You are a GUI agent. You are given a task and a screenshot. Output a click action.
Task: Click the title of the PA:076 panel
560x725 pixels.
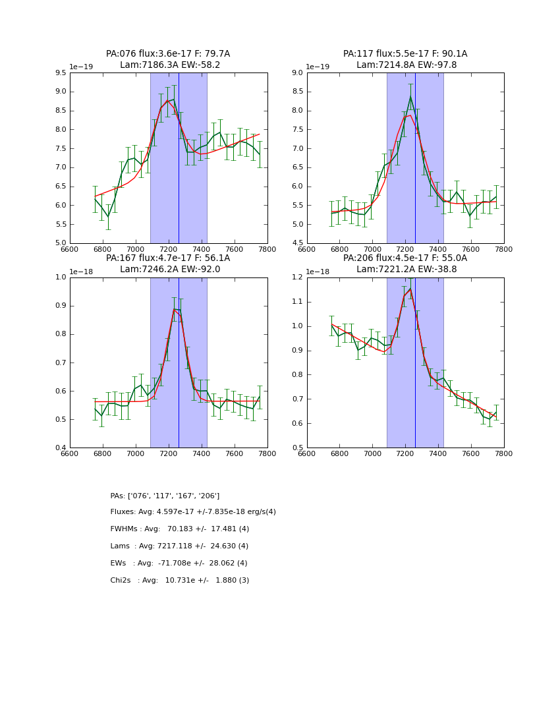tap(168, 59)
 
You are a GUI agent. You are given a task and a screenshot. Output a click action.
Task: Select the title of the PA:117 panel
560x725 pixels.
tap(405, 59)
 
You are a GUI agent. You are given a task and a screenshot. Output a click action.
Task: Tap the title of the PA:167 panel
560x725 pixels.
tap(168, 264)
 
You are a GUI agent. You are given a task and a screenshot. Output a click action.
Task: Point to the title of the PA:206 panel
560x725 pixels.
tap(405, 264)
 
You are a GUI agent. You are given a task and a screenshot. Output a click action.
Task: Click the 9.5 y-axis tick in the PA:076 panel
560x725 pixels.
tap(61, 73)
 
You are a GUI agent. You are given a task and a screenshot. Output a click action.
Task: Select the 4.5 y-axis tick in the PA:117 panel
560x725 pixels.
tap(297, 243)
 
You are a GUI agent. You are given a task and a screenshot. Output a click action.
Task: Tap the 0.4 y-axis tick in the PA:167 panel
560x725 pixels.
tap(61, 448)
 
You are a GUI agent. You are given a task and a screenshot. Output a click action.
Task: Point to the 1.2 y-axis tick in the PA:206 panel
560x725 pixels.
tap(297, 277)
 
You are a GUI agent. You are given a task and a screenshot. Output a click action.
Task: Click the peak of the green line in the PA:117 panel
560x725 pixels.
tap(410, 97)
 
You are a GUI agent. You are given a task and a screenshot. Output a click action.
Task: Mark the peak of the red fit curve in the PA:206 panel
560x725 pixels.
tap(410, 289)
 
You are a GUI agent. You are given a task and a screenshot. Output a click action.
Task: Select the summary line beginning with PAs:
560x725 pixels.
tap(165, 496)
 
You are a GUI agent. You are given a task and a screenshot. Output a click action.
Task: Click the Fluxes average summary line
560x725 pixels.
tap(193, 512)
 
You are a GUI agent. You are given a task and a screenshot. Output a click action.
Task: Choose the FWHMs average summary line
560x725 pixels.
tap(180, 529)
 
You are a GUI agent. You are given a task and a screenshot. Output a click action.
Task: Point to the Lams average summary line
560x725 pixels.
tap(179, 546)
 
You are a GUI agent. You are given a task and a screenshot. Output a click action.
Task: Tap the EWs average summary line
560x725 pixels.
tap(179, 564)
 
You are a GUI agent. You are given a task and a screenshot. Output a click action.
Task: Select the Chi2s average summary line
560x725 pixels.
tap(180, 581)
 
